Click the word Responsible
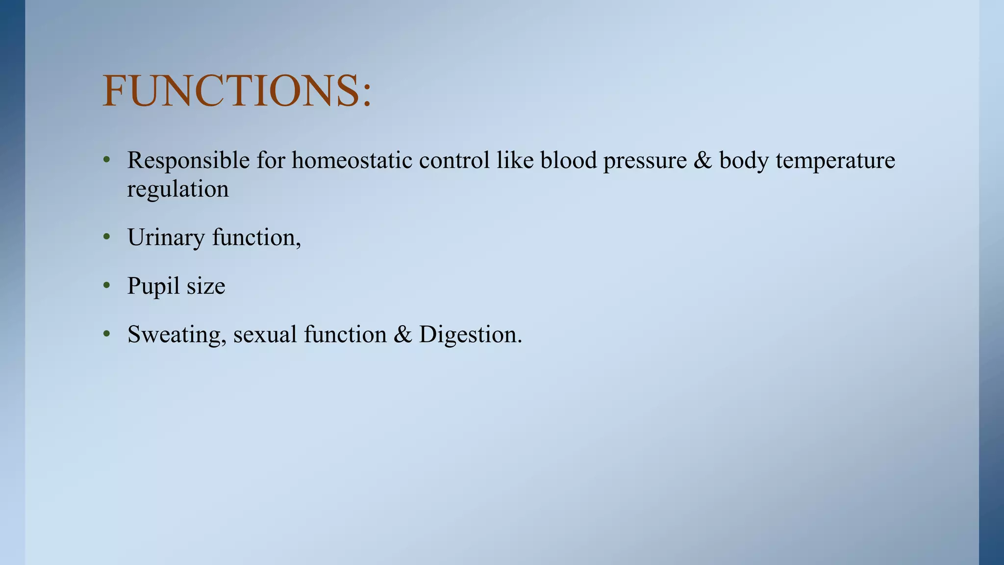pyautogui.click(x=188, y=160)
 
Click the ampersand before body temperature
pyautogui.click(x=703, y=161)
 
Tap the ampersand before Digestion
pyautogui.click(x=402, y=335)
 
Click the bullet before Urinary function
pyautogui.click(x=106, y=237)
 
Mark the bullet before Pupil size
pyautogui.click(x=106, y=286)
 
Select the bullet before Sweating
pyautogui.click(x=106, y=334)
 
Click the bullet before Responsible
pyautogui.click(x=106, y=160)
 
